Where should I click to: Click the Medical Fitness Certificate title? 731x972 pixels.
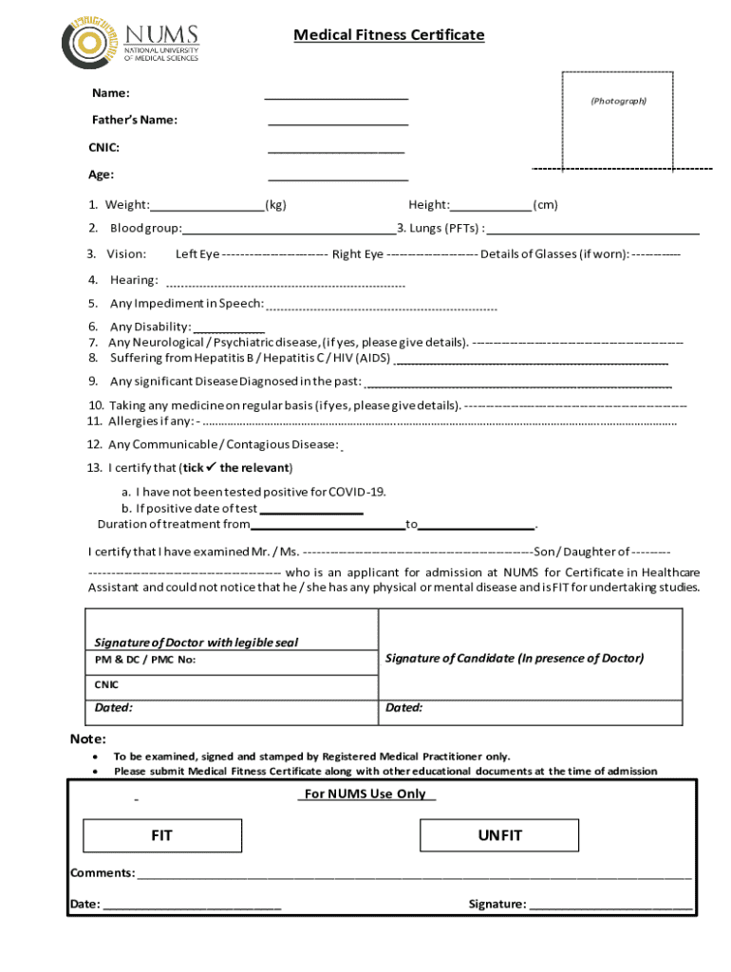(x=388, y=35)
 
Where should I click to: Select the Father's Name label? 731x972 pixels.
(x=134, y=120)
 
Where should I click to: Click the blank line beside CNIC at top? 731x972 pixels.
(x=336, y=148)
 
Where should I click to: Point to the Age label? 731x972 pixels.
(x=101, y=175)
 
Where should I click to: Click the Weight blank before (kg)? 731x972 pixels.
(x=207, y=205)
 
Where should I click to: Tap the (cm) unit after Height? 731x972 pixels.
(x=545, y=205)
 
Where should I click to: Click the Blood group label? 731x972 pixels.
(x=145, y=229)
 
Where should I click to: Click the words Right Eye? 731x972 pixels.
(x=358, y=254)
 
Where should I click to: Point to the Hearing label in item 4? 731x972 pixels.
(x=134, y=280)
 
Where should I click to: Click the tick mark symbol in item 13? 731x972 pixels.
(x=212, y=467)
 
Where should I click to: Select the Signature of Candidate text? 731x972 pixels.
(x=514, y=658)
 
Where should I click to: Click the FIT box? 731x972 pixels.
(x=162, y=836)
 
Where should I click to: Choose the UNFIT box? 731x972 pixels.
(x=499, y=836)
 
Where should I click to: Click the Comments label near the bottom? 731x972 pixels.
(x=103, y=873)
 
